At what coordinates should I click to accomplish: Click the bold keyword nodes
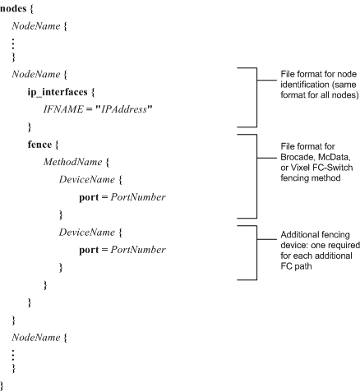[13, 8]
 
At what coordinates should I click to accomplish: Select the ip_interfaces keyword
[58, 92]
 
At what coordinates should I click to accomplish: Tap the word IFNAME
[63, 109]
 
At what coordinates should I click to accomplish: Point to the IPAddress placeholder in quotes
[124, 109]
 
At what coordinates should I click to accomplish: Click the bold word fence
[39, 145]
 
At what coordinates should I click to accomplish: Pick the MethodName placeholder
[72, 162]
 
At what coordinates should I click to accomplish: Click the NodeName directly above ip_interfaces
[36, 74]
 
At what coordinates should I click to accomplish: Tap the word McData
[335, 157]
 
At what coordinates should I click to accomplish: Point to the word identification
[305, 85]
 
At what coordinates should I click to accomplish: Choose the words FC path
[296, 266]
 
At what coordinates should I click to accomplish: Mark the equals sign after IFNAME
[89, 109]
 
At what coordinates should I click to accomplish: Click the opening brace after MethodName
[107, 162]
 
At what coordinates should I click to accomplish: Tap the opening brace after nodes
[31, 8]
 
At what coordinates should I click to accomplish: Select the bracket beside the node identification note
[256, 97]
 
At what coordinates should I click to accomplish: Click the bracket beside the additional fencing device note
[256, 252]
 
